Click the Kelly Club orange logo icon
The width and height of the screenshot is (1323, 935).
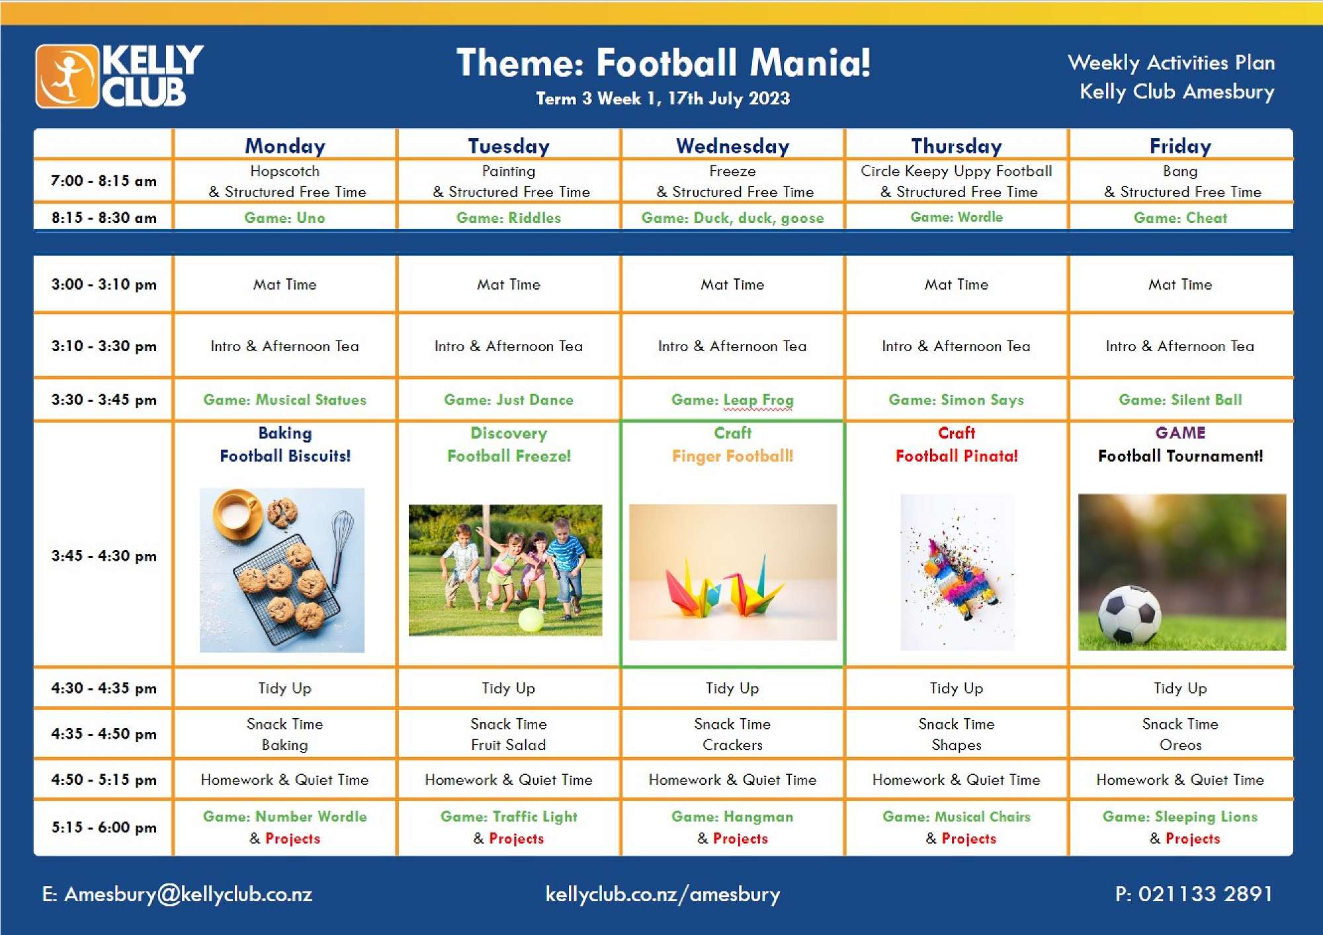[67, 76]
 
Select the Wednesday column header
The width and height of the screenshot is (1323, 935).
[732, 145]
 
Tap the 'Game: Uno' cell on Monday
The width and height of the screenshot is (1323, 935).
[284, 218]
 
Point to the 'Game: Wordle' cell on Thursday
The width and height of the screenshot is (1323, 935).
[957, 217]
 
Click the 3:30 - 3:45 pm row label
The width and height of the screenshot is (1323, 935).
[104, 399]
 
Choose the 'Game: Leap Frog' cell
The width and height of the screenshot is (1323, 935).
[732, 400]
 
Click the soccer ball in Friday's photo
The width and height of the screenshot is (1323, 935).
[1130, 614]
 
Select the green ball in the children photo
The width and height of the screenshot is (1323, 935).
[531, 620]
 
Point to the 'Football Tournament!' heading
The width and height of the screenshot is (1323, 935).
[1180, 456]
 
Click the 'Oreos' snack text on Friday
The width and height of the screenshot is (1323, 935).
[1180, 745]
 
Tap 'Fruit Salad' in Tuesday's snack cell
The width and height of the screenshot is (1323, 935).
[508, 745]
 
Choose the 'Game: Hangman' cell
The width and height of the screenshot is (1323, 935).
[732, 817]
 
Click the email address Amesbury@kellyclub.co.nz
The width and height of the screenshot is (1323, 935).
[177, 894]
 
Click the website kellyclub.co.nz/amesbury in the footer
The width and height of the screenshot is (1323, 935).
[663, 894]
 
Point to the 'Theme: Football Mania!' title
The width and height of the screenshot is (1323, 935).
[663, 63]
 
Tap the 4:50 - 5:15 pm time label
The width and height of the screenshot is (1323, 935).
[104, 780]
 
